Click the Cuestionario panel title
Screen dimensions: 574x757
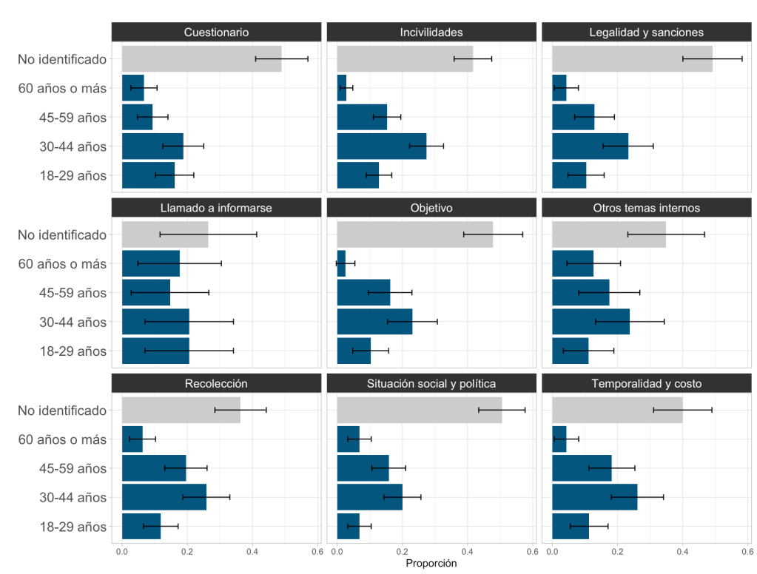(216, 33)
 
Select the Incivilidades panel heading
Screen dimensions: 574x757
(431, 33)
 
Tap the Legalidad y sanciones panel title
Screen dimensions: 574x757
(646, 33)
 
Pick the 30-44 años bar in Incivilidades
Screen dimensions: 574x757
(381, 146)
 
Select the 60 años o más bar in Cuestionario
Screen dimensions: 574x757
(133, 88)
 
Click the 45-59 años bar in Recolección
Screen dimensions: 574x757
(154, 468)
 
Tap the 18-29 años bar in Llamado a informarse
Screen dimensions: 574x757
(155, 351)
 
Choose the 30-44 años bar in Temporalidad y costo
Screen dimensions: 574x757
(594, 497)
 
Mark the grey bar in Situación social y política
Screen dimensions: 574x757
(419, 410)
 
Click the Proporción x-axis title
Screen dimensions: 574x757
(431, 564)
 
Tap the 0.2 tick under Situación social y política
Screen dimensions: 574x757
(403, 550)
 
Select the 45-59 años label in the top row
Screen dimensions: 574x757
(62, 118)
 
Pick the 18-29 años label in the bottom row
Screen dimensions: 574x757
(62, 527)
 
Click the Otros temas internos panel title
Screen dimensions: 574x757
(646, 208)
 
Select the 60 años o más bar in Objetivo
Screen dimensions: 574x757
(341, 264)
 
